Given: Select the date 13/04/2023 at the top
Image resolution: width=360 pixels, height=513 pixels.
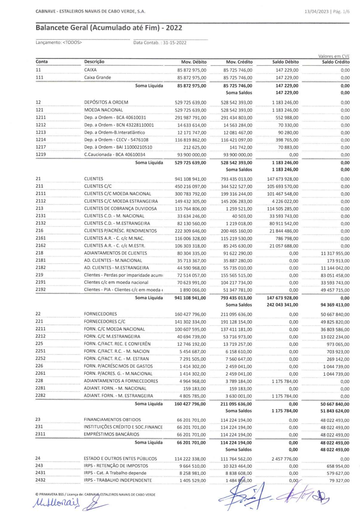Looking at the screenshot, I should (x=316, y=12).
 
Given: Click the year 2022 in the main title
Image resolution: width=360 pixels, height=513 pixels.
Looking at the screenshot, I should (x=174, y=28).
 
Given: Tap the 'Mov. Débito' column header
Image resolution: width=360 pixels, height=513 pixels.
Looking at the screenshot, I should (x=194, y=62).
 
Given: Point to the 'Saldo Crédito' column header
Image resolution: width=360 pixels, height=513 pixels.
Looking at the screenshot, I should (x=336, y=62).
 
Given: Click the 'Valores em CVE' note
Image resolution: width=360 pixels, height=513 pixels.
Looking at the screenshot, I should (x=334, y=56).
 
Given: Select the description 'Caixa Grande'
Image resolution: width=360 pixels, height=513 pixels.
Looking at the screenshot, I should (x=98, y=77).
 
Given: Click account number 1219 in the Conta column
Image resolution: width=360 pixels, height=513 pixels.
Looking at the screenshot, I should (x=41, y=154).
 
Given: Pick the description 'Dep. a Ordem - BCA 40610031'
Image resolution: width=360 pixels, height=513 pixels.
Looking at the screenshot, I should (x=115, y=117).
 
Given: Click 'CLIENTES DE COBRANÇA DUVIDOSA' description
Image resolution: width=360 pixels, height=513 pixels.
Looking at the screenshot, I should (x=121, y=208).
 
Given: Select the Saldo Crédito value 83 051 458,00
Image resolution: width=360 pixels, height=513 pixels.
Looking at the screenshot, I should (x=335, y=275).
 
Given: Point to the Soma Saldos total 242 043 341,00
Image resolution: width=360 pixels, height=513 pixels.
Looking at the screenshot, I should (x=282, y=305).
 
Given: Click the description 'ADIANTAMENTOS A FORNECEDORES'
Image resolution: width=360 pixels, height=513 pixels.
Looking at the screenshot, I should (x=121, y=381).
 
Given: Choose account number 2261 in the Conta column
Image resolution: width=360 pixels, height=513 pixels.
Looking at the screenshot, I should (x=41, y=373).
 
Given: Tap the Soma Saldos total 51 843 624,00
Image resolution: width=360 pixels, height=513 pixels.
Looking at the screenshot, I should (x=335, y=411).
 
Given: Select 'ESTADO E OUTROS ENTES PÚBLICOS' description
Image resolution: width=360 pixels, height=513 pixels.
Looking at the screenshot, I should (x=121, y=459).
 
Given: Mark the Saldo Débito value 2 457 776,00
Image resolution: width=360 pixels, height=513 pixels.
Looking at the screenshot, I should (x=285, y=459).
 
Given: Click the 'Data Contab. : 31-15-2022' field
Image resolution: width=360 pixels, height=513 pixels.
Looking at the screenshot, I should (x=160, y=42).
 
